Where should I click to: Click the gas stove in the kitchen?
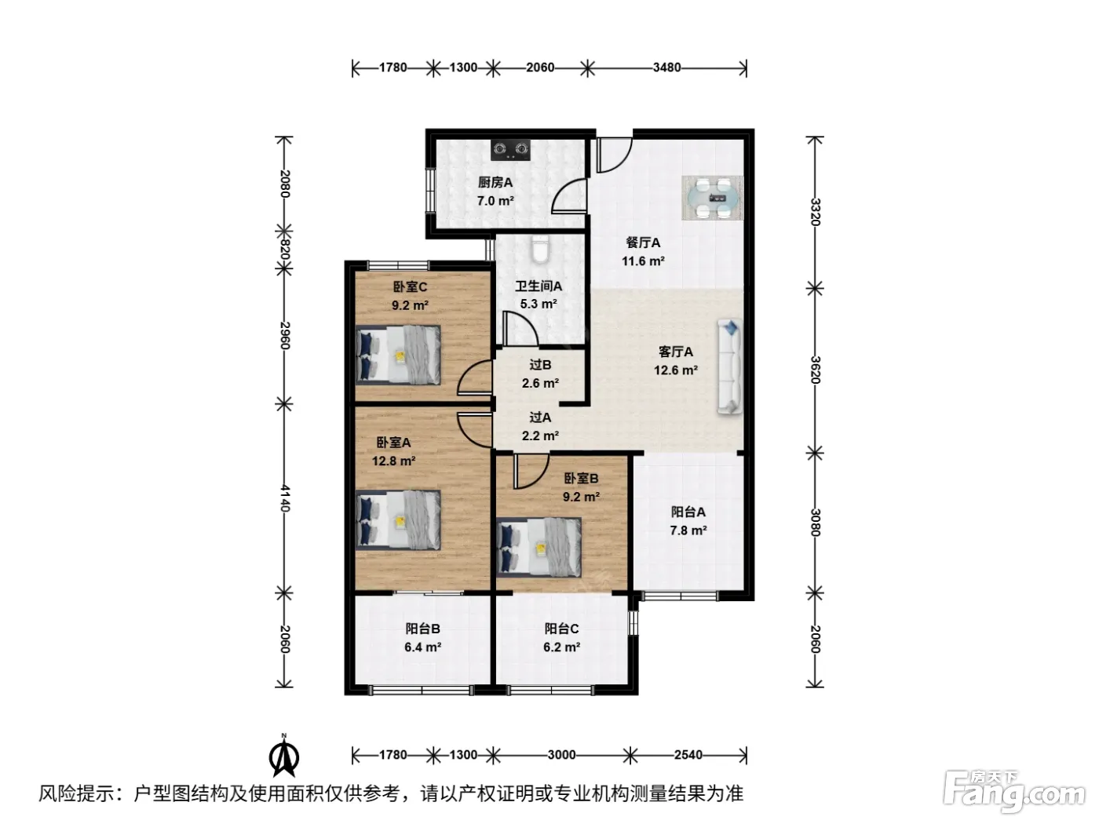coord(510,150)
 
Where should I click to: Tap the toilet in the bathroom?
coord(540,249)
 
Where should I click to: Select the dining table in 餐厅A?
coord(713,198)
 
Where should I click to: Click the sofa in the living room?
coord(730,366)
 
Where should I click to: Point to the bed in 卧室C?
coord(398,355)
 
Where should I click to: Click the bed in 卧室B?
coord(539,547)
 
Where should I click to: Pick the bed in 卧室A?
coord(398,520)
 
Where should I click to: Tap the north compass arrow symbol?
coord(284,756)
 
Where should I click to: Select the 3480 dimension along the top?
coord(666,67)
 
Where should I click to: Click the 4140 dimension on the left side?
coord(284,498)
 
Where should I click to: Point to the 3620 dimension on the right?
coord(815,370)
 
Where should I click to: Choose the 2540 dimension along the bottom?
coord(688,755)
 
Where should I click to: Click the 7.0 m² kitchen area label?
coord(495,201)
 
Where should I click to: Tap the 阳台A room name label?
coord(688,512)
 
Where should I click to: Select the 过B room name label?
coord(540,365)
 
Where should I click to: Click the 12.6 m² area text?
coord(675,370)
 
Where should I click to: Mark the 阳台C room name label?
coord(562,629)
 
